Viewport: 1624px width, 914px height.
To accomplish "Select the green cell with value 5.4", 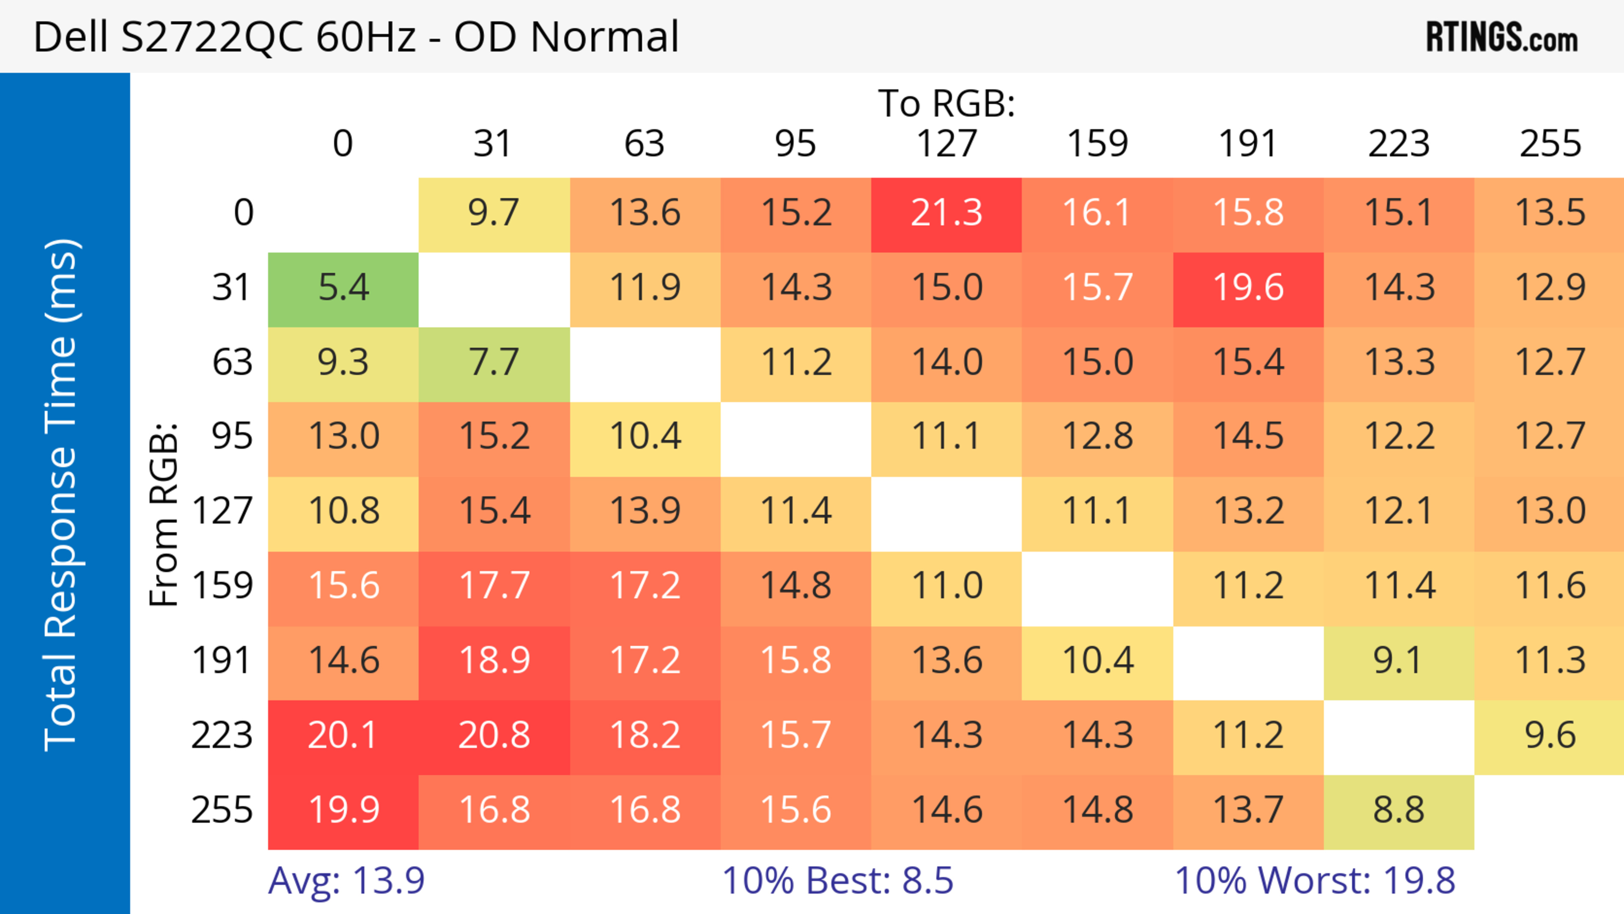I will point(343,288).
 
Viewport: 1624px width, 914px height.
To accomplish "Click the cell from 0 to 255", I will point(1550,213).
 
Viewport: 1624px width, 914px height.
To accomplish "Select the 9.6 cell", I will point(1550,736).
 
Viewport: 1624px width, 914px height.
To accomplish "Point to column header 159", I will point(1097,144).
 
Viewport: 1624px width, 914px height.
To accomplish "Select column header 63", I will point(644,144).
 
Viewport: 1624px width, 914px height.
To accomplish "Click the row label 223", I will point(222,736).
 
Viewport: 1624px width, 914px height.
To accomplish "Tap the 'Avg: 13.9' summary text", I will point(346,881).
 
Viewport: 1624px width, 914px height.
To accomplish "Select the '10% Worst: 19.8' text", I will point(1314,881).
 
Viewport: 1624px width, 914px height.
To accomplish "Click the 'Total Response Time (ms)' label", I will point(62,495).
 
